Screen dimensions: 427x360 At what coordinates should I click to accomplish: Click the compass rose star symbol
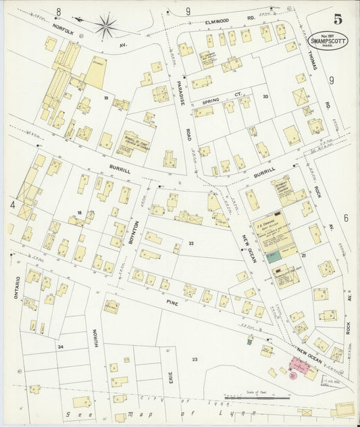(105, 26)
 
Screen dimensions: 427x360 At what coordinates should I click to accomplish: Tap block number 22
(191, 243)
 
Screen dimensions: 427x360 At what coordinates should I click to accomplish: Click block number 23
(195, 359)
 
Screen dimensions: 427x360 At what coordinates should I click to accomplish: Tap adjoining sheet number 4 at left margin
(12, 203)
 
